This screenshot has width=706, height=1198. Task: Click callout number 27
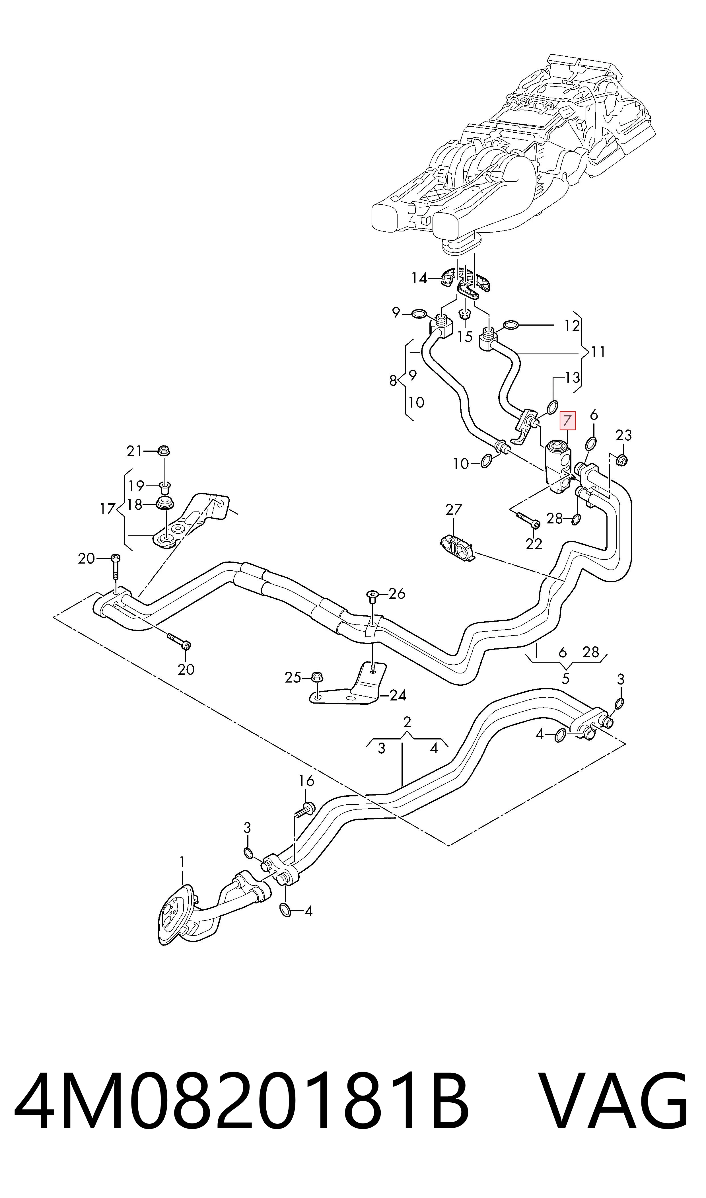click(453, 509)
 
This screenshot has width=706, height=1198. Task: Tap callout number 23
click(624, 435)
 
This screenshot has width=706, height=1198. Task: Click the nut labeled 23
click(622, 460)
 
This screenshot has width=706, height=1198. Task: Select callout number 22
click(534, 544)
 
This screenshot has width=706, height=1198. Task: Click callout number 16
click(306, 781)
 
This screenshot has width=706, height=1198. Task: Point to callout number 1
click(182, 862)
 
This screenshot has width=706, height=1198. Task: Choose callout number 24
click(398, 696)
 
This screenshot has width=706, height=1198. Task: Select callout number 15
click(465, 337)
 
